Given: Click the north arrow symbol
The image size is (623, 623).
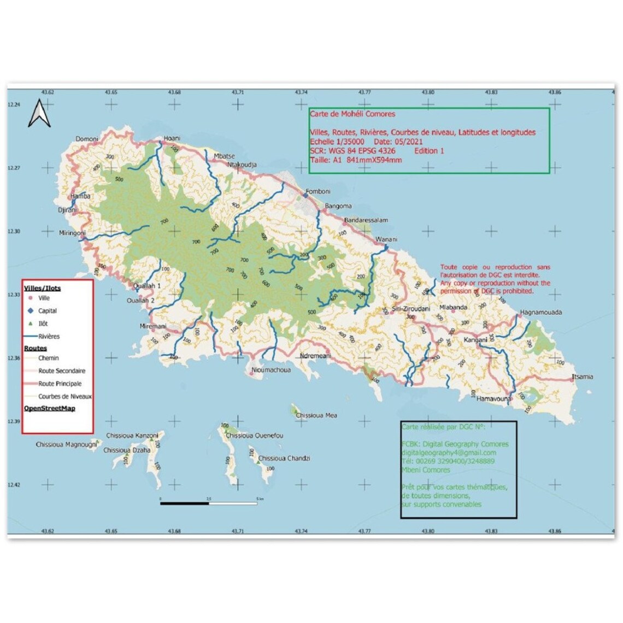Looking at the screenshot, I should (x=39, y=114).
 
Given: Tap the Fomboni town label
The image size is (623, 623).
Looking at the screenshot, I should (x=318, y=191).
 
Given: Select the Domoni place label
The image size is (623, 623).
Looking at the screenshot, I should (x=87, y=139).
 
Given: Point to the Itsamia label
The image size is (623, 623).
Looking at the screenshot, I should (x=582, y=377).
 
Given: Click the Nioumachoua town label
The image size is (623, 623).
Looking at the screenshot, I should (x=271, y=370).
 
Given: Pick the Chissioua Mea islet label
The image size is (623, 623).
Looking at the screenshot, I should (x=316, y=415).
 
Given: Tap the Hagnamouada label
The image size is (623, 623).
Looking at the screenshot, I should (x=541, y=313).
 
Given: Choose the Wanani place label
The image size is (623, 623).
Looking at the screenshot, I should (x=386, y=239).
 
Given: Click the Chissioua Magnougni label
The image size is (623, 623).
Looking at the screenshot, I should (x=66, y=445).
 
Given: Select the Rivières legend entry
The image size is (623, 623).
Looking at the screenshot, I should (x=49, y=337).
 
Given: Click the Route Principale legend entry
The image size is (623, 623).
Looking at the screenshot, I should (x=60, y=384).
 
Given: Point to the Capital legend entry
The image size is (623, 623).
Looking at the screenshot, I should (x=48, y=310).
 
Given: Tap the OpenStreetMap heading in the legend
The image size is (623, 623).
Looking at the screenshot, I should (x=50, y=408).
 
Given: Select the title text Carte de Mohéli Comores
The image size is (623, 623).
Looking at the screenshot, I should (x=352, y=114).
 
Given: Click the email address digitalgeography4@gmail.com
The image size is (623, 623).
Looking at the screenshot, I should (x=449, y=452).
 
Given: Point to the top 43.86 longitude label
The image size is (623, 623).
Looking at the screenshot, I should (x=555, y=92).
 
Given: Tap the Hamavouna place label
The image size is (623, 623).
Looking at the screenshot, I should (x=494, y=399).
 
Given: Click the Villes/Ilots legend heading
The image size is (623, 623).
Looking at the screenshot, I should (x=43, y=288).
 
